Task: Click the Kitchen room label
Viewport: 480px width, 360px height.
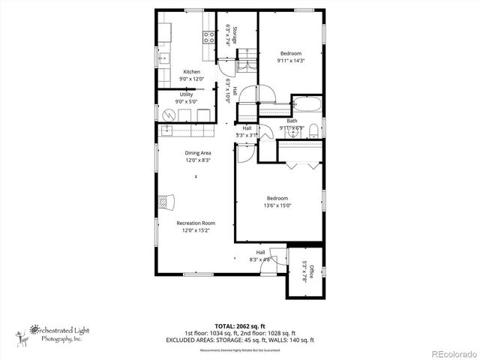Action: [191, 72]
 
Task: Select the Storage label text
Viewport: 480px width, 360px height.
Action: [234, 36]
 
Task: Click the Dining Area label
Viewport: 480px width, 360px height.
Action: [199, 152]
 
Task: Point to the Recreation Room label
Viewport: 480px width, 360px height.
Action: [196, 223]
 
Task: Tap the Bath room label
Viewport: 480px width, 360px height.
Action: [292, 121]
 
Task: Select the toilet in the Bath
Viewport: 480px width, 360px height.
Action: [313, 130]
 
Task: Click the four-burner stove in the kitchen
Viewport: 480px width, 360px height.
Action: [208, 35]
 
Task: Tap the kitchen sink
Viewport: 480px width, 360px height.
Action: [163, 58]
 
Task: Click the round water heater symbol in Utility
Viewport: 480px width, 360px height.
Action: [169, 115]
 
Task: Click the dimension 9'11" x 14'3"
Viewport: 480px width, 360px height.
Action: [291, 61]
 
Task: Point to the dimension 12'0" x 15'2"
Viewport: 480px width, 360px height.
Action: [196, 230]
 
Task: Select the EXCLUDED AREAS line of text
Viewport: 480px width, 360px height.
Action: [240, 340]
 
